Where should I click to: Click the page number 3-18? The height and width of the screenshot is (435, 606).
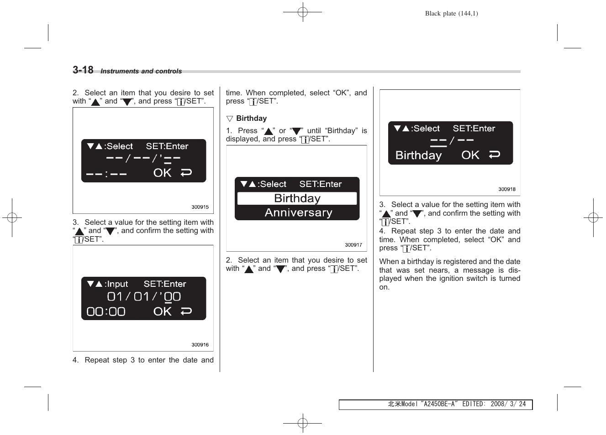83,70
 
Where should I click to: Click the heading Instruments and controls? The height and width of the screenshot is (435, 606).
141,71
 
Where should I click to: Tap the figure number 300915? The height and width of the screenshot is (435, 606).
200,207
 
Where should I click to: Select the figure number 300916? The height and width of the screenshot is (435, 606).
200,345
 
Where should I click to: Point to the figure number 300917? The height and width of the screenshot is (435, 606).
353,245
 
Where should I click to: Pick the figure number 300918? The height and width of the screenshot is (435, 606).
506,189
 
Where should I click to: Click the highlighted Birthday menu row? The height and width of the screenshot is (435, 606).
297,198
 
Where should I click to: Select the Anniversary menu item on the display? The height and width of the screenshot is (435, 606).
298,212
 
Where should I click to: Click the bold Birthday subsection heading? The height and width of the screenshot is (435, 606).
251,119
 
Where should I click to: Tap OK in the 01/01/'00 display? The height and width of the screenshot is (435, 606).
163,311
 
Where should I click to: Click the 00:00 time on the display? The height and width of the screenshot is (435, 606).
106,312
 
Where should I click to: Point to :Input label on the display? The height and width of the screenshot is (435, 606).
116,284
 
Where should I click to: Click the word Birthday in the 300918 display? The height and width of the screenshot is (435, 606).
418,155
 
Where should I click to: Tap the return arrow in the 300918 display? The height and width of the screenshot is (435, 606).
494,155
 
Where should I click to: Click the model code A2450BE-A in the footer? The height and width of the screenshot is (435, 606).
439,404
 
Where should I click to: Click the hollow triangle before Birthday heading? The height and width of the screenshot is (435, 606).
229,119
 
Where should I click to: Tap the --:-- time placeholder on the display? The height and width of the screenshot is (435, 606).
106,174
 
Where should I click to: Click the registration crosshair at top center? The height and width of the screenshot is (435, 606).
302,12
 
